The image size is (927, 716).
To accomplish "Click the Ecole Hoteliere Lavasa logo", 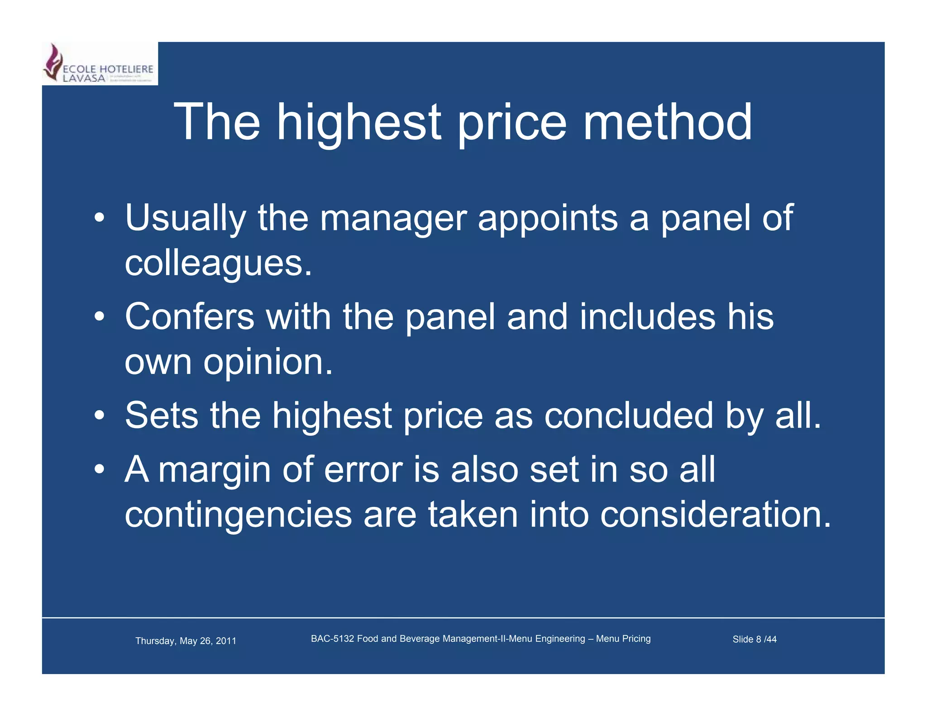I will click(x=100, y=64).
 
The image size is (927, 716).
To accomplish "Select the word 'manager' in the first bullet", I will click(x=393, y=219).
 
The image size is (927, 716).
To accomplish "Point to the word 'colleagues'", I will click(x=218, y=263).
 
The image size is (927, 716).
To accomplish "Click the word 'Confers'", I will click(x=189, y=316).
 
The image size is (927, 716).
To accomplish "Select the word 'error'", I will click(x=363, y=470).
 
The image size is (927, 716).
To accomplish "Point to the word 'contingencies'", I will click(x=238, y=515).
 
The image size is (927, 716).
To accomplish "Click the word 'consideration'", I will click(x=715, y=515).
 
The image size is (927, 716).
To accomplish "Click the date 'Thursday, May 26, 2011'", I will click(x=186, y=641).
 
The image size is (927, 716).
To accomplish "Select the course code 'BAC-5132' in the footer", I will click(x=332, y=639).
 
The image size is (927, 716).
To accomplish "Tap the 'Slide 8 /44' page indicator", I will click(x=754, y=639).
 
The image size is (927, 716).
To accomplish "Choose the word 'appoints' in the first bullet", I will click(x=547, y=219).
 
